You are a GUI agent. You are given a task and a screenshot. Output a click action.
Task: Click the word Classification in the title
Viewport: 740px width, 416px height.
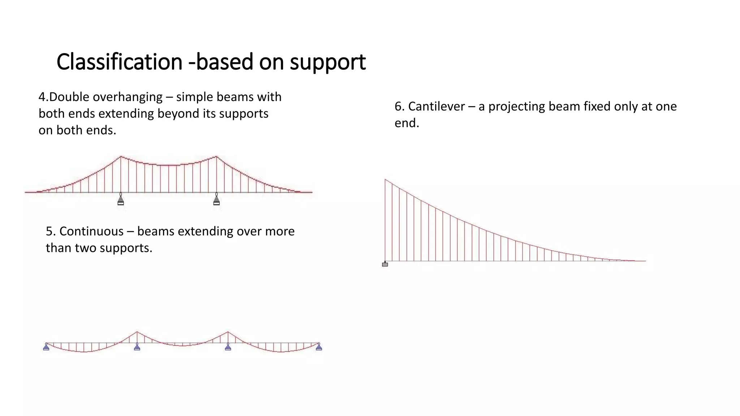tap(119, 62)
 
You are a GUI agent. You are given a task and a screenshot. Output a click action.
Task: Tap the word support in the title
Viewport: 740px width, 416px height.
tap(328, 62)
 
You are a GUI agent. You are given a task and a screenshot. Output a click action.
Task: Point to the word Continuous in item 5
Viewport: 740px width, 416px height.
tap(91, 231)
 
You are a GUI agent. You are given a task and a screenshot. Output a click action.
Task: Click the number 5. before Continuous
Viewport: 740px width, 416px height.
tap(51, 231)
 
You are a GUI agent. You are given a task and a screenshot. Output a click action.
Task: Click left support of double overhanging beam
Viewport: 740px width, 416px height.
tap(121, 200)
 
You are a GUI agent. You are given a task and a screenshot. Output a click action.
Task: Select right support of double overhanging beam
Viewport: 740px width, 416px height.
tap(216, 200)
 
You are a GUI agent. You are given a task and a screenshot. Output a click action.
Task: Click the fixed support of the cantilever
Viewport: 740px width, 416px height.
tap(385, 264)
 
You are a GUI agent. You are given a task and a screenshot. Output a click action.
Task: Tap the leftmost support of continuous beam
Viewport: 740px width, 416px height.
tap(46, 347)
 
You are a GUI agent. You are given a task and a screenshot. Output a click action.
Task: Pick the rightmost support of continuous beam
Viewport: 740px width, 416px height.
tap(319, 347)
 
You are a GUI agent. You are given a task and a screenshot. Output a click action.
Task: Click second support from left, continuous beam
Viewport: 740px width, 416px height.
tap(137, 347)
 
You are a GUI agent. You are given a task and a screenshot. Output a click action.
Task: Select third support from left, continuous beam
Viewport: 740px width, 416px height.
tap(228, 347)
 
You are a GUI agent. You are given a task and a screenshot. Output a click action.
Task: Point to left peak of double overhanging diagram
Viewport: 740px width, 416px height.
tap(121, 156)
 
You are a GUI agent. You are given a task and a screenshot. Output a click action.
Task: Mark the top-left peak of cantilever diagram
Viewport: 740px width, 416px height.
tap(385, 179)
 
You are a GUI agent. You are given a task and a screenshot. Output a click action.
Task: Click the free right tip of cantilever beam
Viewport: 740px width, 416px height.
tap(645, 261)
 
